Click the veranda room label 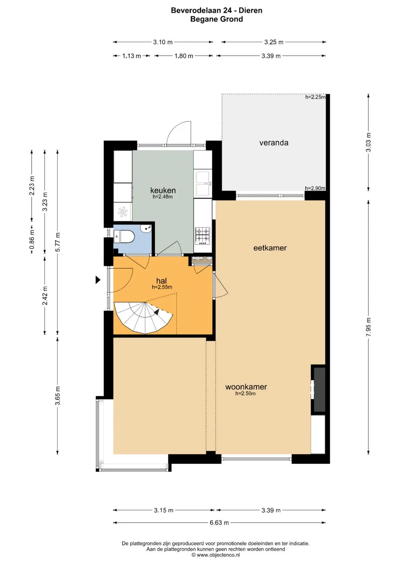point(274,143)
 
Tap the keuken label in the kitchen point(163,190)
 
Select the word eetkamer point(270,248)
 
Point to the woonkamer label point(246,387)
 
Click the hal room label point(161,280)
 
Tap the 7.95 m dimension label point(369,327)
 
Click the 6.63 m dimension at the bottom point(219,523)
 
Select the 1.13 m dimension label point(131,56)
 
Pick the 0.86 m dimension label point(32,239)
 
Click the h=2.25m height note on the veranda point(315,97)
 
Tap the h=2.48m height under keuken point(163,197)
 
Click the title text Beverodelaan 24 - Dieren point(217,10)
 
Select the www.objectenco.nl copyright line point(216,555)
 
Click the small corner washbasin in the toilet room point(147,228)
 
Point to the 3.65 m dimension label point(57,396)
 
